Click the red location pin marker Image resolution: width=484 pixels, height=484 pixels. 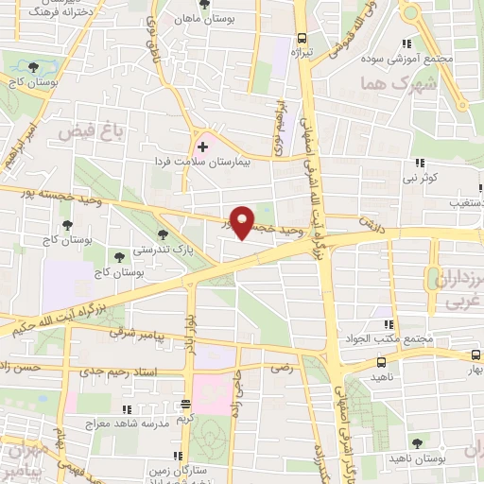coord(243,222)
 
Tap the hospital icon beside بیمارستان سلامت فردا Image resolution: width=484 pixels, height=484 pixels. coord(201,148)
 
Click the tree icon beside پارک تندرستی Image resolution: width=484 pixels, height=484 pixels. coord(164,233)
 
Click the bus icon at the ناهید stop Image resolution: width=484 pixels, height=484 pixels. coord(380,363)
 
